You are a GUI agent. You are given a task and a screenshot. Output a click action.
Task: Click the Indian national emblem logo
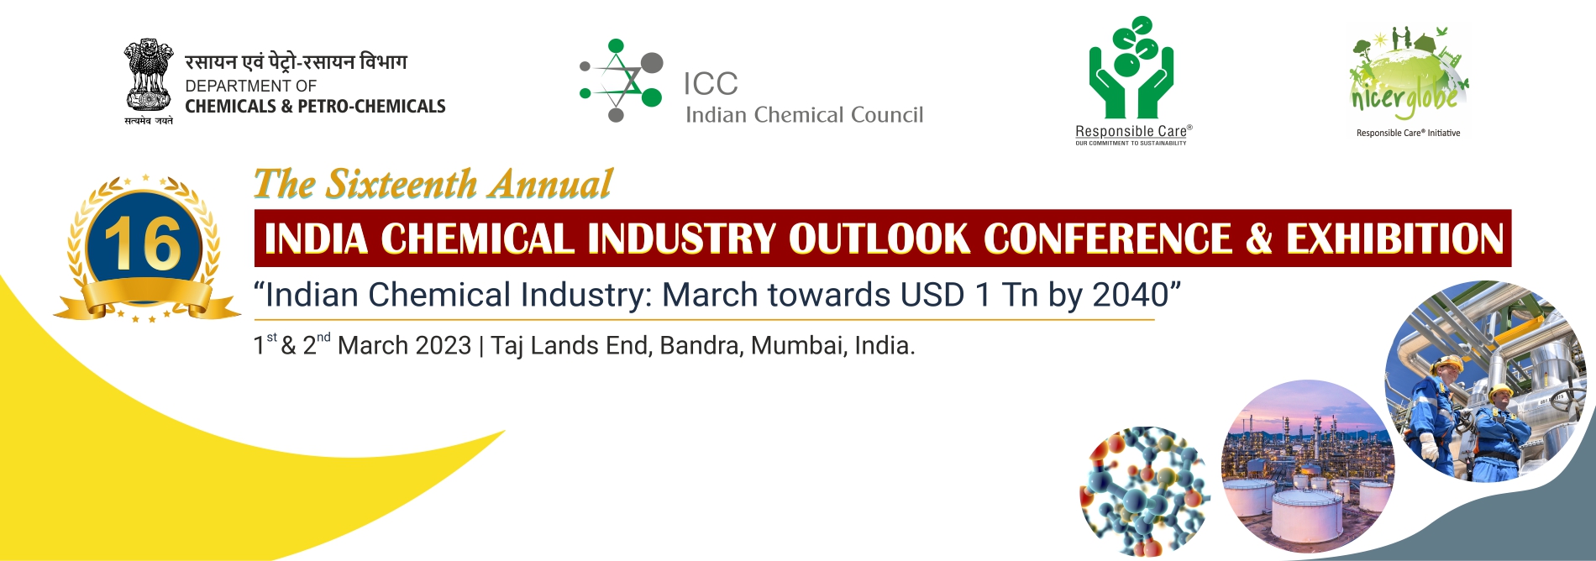coord(149,81)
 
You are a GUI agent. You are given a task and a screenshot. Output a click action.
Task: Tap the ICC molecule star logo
coord(622,81)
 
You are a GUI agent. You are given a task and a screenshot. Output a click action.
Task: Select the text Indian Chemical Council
coord(804,115)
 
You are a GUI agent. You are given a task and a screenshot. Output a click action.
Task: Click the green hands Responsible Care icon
coord(1131,68)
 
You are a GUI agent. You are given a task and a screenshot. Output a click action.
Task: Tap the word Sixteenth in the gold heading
coord(401,185)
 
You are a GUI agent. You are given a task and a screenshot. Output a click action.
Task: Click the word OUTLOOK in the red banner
coord(879,239)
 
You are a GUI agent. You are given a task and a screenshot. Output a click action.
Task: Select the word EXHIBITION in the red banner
coord(1395,239)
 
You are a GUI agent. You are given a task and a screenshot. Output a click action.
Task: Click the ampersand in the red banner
coord(1259,239)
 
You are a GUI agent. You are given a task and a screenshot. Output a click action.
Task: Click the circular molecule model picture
coord(1144,491)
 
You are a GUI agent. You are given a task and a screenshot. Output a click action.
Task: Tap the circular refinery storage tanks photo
coord(1307,467)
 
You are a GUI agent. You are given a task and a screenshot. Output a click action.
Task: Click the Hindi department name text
coord(296,61)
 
